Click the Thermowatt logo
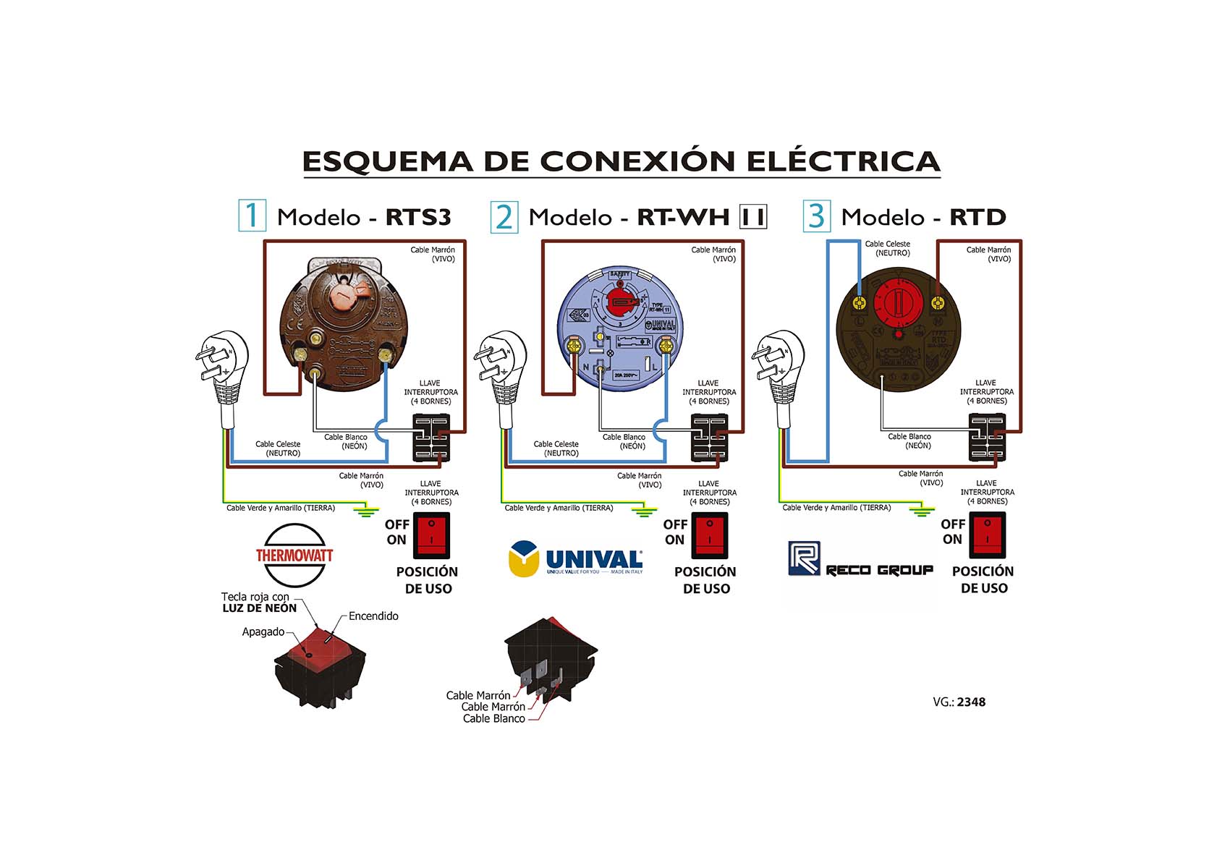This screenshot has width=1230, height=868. point(294,555)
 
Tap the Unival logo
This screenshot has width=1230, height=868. point(576,560)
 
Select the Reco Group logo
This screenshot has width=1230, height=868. point(860,561)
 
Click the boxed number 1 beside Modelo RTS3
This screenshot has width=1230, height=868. point(252,216)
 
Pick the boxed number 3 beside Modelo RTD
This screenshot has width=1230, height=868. point(816,216)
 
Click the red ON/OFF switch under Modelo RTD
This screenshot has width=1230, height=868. point(987,535)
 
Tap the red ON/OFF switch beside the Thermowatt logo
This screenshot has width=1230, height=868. point(431,535)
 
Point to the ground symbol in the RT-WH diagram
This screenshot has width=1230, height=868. point(644,512)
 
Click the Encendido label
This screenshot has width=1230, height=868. point(373,616)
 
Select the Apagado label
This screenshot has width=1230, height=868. point(263,632)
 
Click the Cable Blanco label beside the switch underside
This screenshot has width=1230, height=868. point(494,718)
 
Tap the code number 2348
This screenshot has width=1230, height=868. point(971,702)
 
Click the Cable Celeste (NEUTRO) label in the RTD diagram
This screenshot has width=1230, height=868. point(888,248)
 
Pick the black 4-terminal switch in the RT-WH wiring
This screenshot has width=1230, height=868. point(709,438)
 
